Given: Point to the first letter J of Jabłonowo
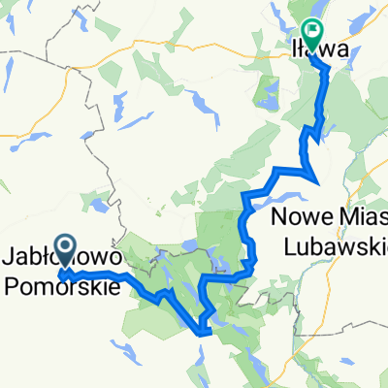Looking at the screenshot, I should point(10,260).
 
